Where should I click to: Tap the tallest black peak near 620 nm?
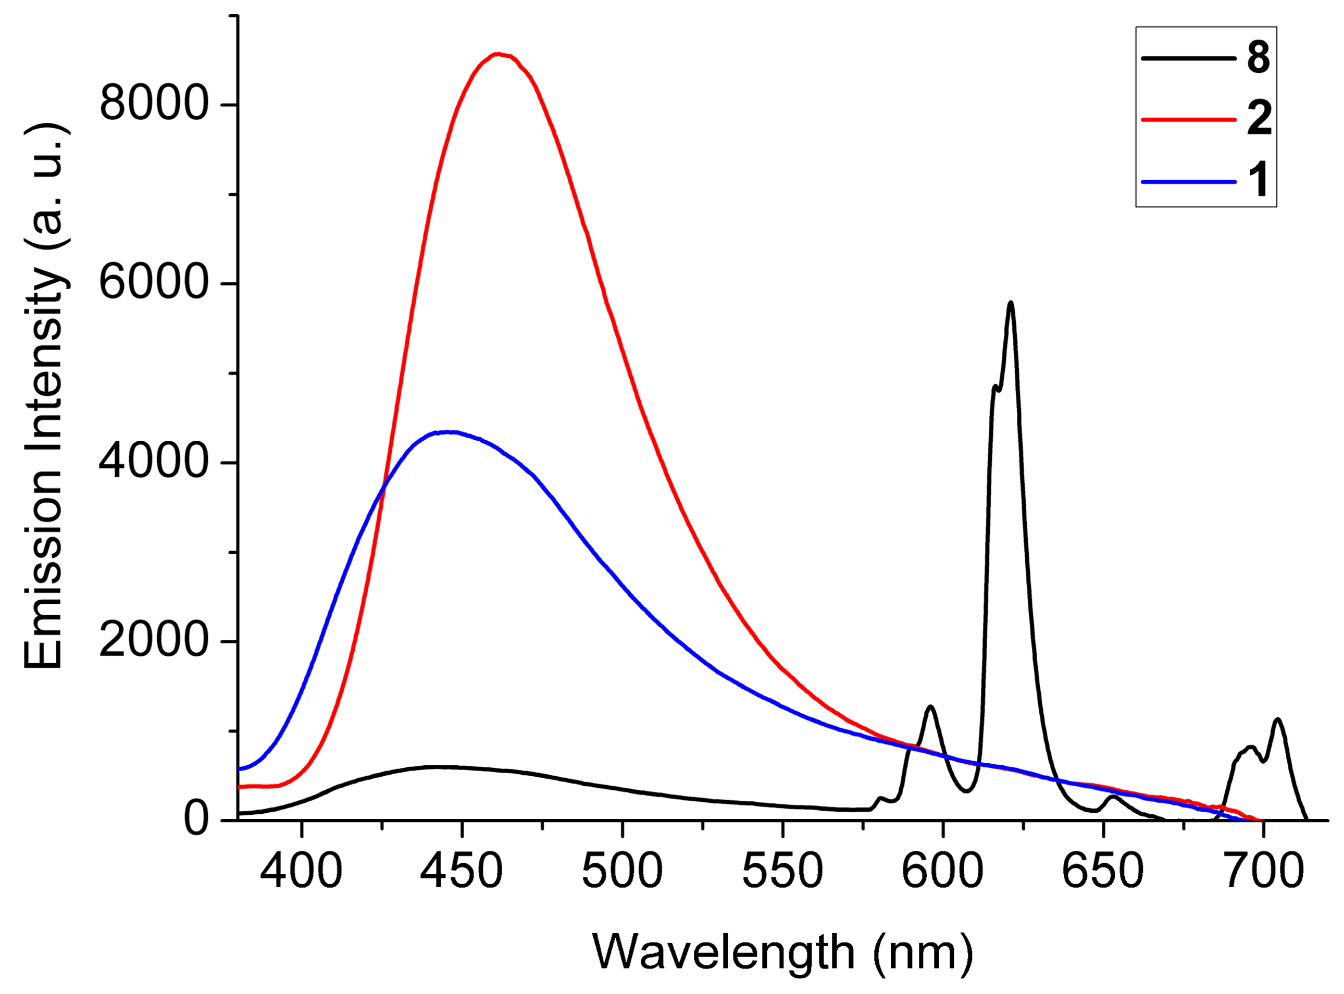click(x=1011, y=303)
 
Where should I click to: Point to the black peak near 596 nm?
click(x=931, y=706)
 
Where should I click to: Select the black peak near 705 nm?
click(x=1277, y=719)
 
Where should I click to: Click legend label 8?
click(x=1258, y=58)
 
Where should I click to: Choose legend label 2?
click(x=1258, y=119)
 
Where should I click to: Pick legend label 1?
click(x=1258, y=180)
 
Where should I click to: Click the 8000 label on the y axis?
click(x=154, y=105)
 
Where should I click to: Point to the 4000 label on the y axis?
click(x=154, y=462)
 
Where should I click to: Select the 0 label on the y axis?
click(x=196, y=819)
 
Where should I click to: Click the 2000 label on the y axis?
click(x=154, y=641)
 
